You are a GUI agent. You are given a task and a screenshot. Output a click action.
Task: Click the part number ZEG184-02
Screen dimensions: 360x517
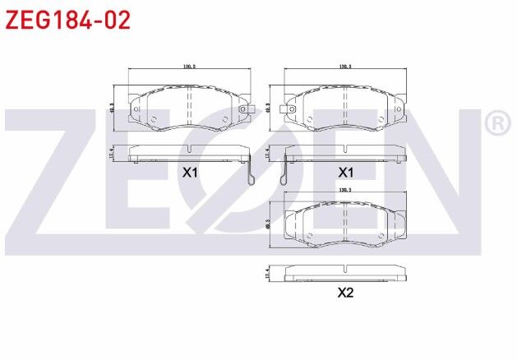68,21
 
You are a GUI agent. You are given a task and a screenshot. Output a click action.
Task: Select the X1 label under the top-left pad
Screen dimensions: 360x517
191,173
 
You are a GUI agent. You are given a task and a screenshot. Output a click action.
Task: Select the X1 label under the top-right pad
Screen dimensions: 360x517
345,173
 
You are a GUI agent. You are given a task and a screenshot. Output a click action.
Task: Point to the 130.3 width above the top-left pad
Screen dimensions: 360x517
190,67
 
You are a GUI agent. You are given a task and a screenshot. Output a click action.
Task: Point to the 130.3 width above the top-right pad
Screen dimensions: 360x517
345,67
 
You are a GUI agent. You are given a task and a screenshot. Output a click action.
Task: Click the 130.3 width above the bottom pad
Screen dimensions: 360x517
345,190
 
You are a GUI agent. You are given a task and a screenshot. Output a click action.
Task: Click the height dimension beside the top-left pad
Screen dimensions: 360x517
112,108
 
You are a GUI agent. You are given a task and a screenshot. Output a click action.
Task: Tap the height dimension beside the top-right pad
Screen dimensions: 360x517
269,108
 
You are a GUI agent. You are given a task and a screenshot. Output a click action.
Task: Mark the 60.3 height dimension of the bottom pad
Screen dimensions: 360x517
269,224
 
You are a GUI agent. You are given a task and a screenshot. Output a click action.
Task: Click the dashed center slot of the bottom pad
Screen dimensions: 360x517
345,224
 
